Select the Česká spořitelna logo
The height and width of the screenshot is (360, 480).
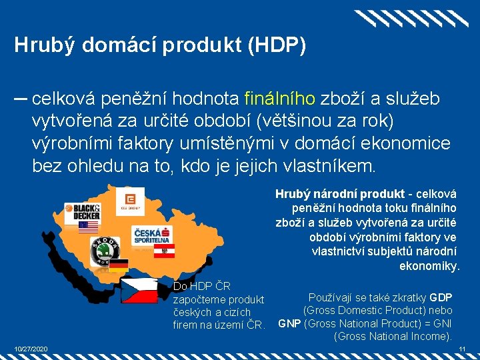pos(153,235)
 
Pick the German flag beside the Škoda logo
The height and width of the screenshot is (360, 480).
pos(119,265)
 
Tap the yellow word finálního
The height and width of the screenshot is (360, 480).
pos(280,99)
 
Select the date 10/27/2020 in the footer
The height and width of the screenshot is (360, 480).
pos(31,349)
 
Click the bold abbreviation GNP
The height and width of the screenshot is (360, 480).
pos(289,324)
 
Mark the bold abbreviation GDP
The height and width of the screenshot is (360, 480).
pos(441,297)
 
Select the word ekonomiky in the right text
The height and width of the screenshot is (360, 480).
pos(429,266)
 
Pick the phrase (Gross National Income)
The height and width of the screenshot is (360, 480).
pos(393,337)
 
